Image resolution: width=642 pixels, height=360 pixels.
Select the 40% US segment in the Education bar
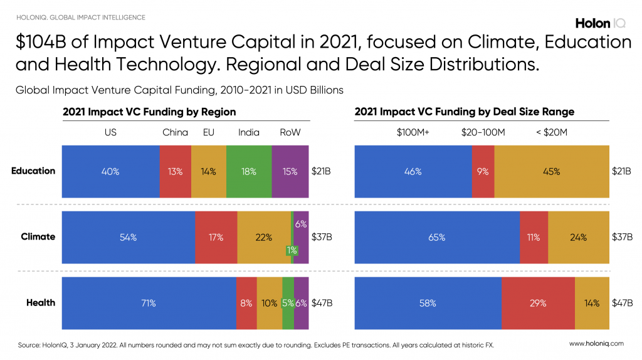click(111, 171)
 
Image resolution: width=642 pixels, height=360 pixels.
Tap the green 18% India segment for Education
click(249, 171)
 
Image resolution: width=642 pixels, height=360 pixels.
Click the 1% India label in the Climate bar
click(292, 250)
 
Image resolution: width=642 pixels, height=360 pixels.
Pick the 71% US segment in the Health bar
click(149, 303)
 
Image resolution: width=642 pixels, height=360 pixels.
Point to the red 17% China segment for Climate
click(216, 237)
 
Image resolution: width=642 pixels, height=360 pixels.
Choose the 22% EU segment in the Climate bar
click(264, 237)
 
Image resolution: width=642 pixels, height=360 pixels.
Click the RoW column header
click(290, 132)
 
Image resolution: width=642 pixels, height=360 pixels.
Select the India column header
click(249, 132)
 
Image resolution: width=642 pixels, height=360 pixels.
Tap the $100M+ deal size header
click(413, 132)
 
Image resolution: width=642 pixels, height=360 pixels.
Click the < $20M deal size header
click(551, 132)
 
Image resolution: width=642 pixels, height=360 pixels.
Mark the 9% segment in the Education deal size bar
click(483, 171)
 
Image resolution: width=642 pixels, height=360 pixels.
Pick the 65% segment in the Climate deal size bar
click(437, 237)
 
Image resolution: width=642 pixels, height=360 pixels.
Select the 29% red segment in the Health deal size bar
click(538, 303)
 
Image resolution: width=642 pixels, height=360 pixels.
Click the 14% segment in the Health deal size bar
click(592, 303)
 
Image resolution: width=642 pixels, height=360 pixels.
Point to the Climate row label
click(38, 236)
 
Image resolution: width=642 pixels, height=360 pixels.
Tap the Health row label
click(41, 302)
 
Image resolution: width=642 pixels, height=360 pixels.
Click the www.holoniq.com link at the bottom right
click(596, 344)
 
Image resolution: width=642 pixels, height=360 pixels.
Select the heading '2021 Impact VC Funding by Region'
click(149, 112)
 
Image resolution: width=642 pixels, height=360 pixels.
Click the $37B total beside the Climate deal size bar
click(623, 237)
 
